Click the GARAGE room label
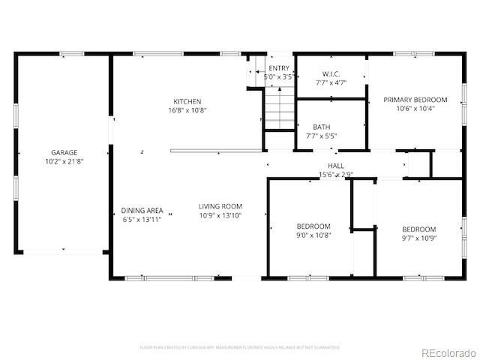click(64, 152)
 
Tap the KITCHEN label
click(187, 101)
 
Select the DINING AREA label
click(142, 211)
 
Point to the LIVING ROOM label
click(220, 206)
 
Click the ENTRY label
click(278, 68)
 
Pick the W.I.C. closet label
click(331, 73)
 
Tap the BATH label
click(322, 127)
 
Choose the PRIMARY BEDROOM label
click(415, 99)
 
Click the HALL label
click(336, 166)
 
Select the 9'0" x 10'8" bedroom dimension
click(313, 235)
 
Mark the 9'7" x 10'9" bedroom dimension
click(418, 238)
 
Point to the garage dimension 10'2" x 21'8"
click(64, 161)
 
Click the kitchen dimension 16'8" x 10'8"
click(187, 110)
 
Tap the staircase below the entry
click(280, 108)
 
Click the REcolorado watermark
click(447, 352)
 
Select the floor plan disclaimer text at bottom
click(240, 347)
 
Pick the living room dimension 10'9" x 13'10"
click(220, 215)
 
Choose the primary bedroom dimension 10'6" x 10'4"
click(415, 108)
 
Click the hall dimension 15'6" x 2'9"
click(336, 175)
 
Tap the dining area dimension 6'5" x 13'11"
click(142, 220)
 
